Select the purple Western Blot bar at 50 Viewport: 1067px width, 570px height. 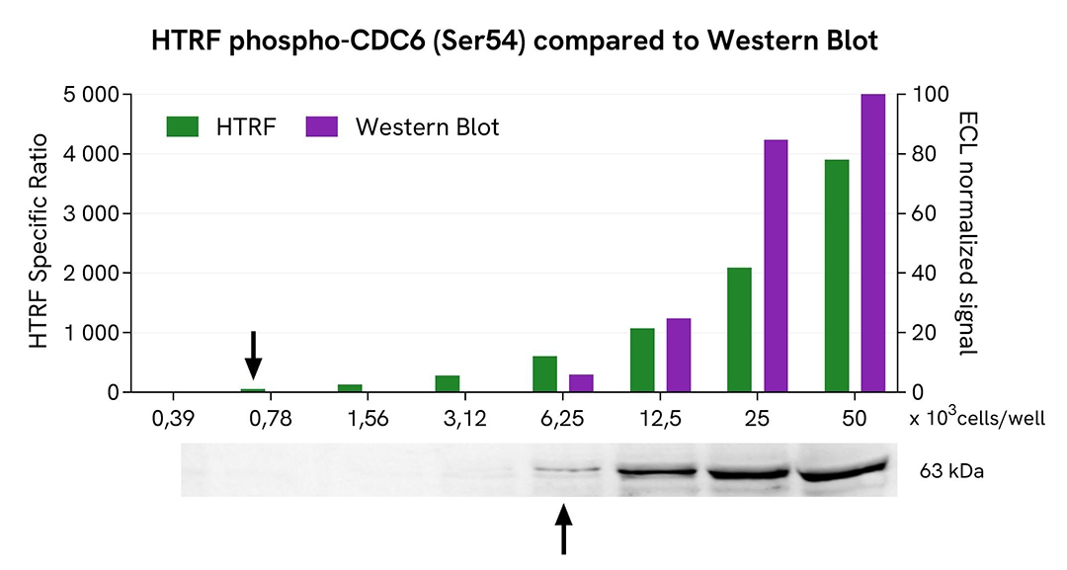pos(873,243)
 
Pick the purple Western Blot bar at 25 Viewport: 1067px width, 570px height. pos(777,266)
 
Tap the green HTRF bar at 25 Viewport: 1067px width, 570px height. pos(739,330)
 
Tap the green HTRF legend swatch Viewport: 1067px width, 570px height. pos(183,126)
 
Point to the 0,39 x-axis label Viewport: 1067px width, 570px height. pos(175,419)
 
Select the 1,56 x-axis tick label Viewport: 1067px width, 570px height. pos(369,419)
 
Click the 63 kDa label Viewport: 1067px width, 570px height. pos(950,472)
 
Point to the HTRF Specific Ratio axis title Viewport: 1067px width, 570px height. pos(39,243)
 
